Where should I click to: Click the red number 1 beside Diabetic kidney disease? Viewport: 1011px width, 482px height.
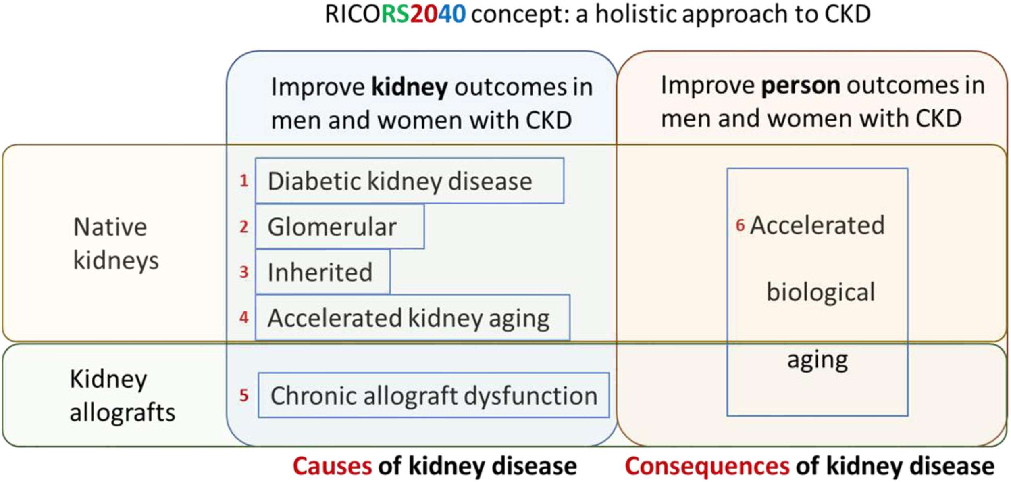pos(244,181)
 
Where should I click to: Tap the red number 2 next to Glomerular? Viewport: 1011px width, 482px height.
pos(244,227)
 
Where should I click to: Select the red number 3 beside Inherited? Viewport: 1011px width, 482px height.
pos(244,272)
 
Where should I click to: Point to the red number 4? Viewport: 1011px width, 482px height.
pos(244,317)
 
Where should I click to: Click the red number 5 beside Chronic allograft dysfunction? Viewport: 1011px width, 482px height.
pos(244,395)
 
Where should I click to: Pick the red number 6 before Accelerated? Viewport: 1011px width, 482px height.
pos(740,225)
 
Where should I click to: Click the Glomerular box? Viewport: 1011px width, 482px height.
pos(339,226)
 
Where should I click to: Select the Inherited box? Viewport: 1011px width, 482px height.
pos(322,272)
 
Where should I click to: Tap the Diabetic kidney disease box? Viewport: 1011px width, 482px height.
pos(410,181)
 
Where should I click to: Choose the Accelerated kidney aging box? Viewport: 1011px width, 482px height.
pos(412,317)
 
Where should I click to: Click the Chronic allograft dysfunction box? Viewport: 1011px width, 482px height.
pos(433,395)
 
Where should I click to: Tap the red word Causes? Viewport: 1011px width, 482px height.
pos(332,466)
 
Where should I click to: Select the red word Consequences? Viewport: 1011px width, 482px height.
pos(707,466)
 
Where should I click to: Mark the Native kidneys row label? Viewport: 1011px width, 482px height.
pos(116,244)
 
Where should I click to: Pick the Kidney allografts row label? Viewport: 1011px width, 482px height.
pos(123,396)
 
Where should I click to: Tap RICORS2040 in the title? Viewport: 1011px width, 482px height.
pos(395,14)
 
